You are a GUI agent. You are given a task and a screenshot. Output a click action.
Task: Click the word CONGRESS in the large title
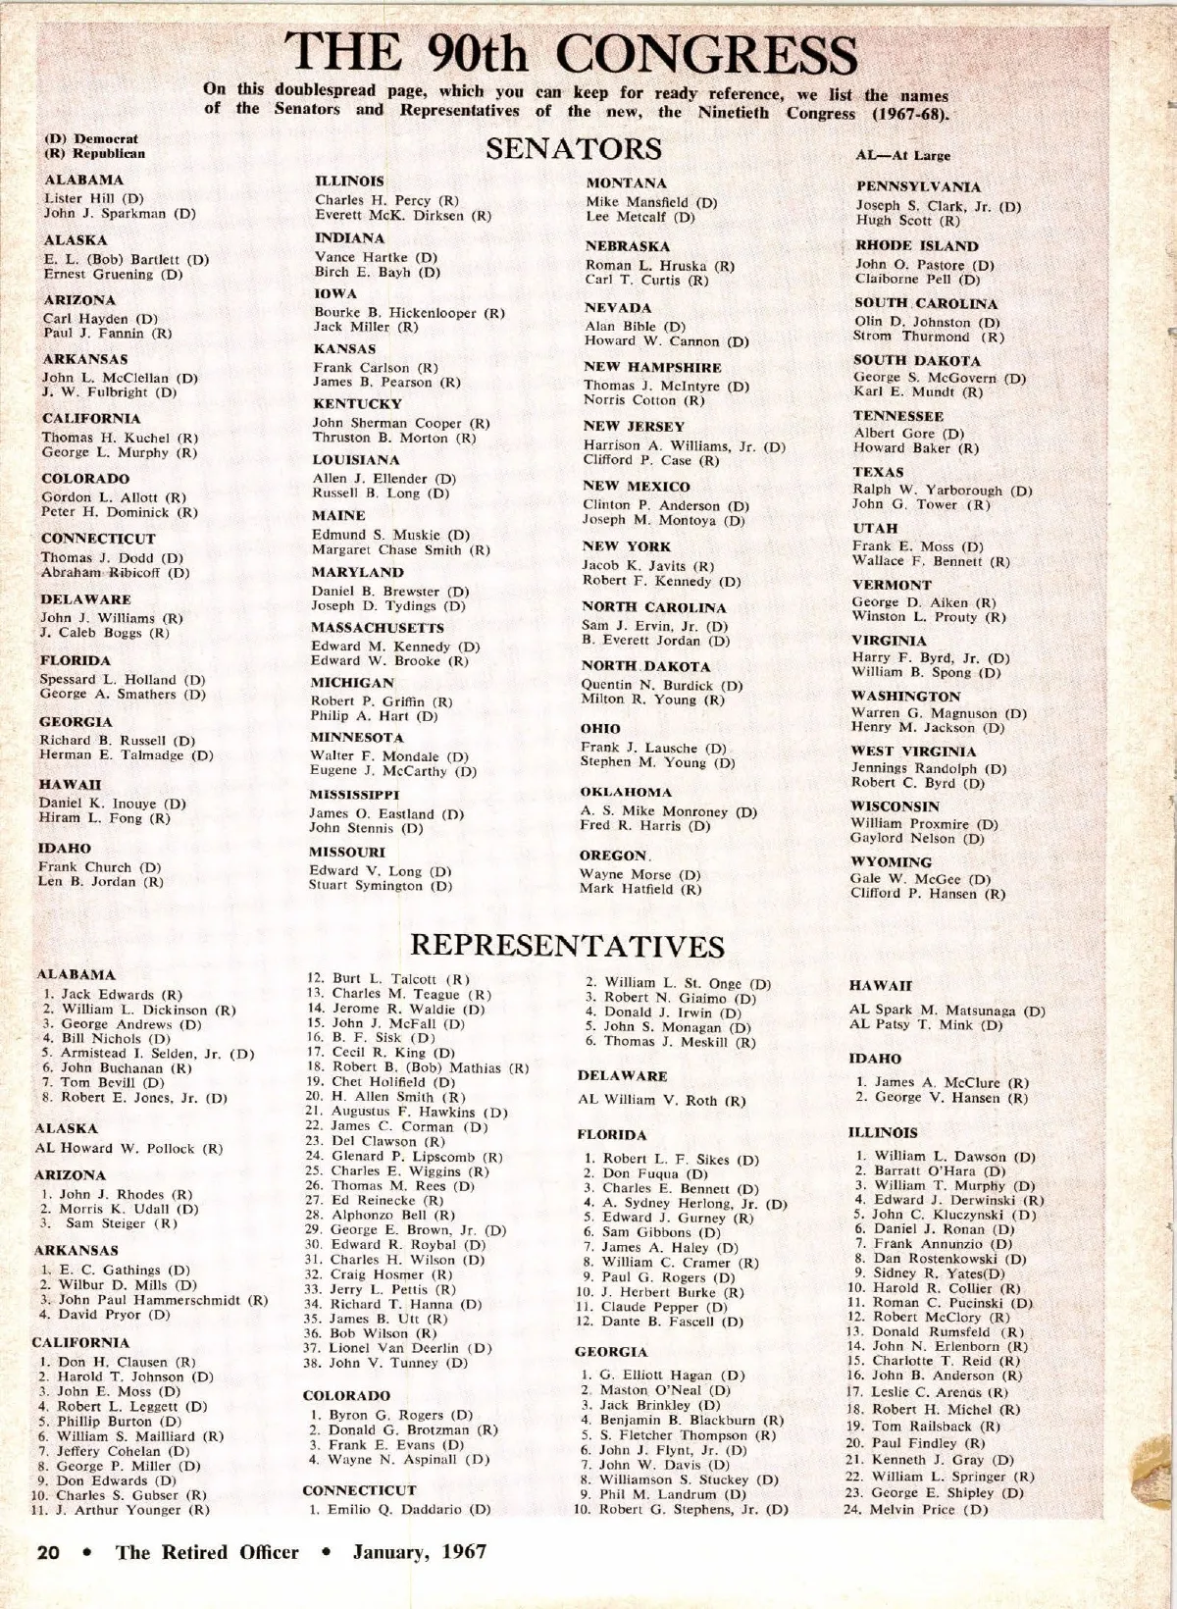[706, 54]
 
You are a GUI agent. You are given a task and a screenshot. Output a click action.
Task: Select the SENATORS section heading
[574, 149]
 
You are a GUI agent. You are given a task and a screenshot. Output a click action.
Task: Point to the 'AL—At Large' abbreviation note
[902, 155]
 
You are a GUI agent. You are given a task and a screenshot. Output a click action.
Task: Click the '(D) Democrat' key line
[91, 138]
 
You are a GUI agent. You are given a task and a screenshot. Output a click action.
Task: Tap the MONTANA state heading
[626, 183]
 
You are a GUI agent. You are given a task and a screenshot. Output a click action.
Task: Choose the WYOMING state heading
[891, 861]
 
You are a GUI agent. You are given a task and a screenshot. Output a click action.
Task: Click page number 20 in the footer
[48, 1552]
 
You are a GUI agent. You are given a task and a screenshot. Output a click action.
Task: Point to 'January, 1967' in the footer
[420, 1552]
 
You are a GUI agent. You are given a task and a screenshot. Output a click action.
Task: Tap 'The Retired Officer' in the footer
[207, 1552]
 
